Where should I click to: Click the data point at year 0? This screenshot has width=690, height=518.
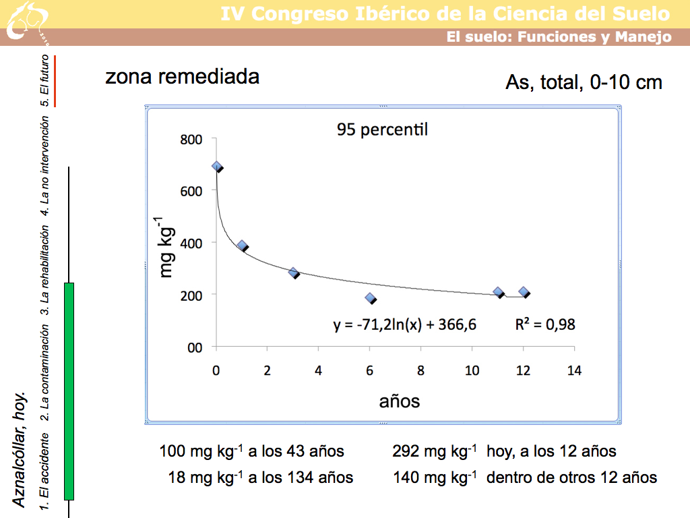tap(216, 166)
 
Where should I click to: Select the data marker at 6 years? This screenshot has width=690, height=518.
tap(370, 297)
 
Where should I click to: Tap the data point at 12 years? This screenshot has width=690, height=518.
tap(524, 292)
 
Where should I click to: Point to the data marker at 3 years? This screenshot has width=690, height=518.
tap(293, 272)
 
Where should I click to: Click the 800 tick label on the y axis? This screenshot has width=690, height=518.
tap(190, 140)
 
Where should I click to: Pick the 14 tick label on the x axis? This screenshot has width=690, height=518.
tap(575, 370)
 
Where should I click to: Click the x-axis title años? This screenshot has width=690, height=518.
tap(400, 401)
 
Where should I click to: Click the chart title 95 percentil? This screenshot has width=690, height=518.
tap(382, 129)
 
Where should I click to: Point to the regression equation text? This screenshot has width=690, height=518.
tap(405, 324)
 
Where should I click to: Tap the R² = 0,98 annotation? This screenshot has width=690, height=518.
tap(545, 324)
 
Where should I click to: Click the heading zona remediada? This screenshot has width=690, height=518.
tap(182, 77)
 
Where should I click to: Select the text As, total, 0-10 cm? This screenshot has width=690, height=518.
tap(584, 82)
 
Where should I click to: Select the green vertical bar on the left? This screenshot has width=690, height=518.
tap(69, 391)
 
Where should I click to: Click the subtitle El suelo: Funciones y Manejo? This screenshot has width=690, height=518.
tap(559, 37)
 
